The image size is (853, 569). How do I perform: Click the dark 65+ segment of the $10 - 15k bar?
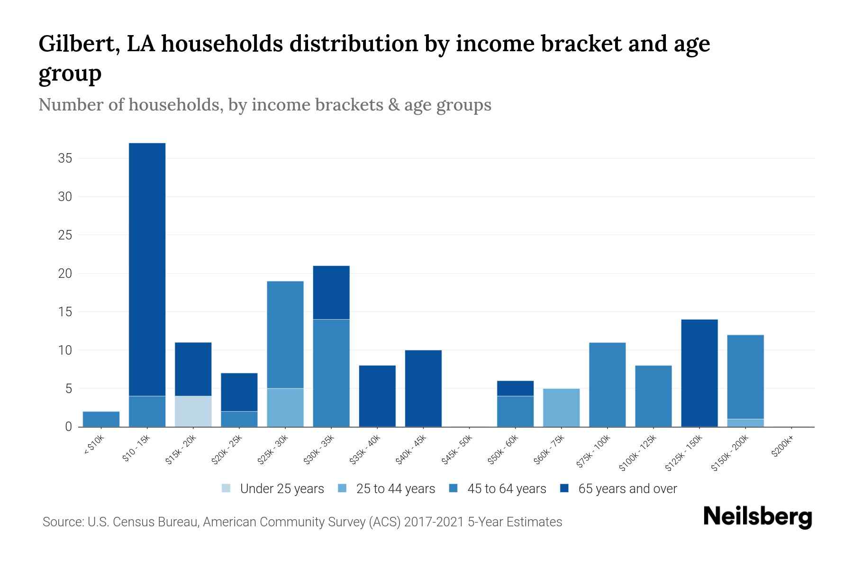[147, 269]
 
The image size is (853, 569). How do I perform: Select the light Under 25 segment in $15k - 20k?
[193, 411]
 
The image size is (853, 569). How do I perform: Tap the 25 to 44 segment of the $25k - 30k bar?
[285, 407]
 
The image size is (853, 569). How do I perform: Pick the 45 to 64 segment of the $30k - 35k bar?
[331, 373]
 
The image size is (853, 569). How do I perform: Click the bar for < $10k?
[101, 419]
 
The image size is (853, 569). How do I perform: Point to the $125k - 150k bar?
[699, 373]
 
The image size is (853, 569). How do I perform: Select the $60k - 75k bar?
[561, 407]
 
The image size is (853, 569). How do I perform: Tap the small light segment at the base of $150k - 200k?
[745, 423]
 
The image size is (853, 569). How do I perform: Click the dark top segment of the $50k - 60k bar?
[515, 388]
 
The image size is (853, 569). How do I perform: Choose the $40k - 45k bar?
[423, 388]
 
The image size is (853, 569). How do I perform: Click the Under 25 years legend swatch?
[226, 488]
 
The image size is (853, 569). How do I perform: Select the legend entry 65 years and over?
[627, 489]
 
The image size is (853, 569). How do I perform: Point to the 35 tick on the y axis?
[65, 158]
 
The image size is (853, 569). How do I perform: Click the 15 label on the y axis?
[65, 312]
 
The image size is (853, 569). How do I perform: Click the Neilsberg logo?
[757, 517]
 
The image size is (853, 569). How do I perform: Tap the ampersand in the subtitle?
[393, 104]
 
